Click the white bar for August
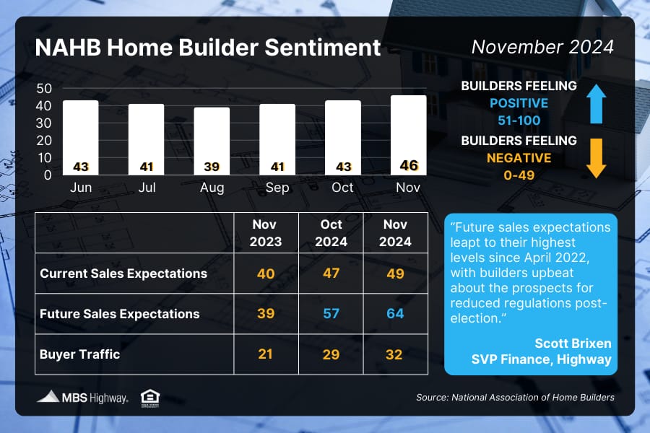[212, 141]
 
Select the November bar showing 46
[408, 135]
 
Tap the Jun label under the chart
[81, 188]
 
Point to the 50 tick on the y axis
[44, 88]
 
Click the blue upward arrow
[596, 104]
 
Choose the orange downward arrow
[596, 158]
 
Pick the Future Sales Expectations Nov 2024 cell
[395, 314]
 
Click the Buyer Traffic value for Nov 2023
[265, 354]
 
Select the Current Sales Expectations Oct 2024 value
[331, 273]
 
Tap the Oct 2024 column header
[331, 233]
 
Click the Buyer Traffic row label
[79, 354]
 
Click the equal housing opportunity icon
[150, 398]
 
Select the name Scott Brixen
[573, 344]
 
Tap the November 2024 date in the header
[542, 47]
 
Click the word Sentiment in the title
[323, 47]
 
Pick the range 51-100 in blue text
[519, 121]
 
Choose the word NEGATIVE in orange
[519, 158]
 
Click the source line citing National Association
[515, 398]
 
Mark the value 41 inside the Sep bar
[277, 167]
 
